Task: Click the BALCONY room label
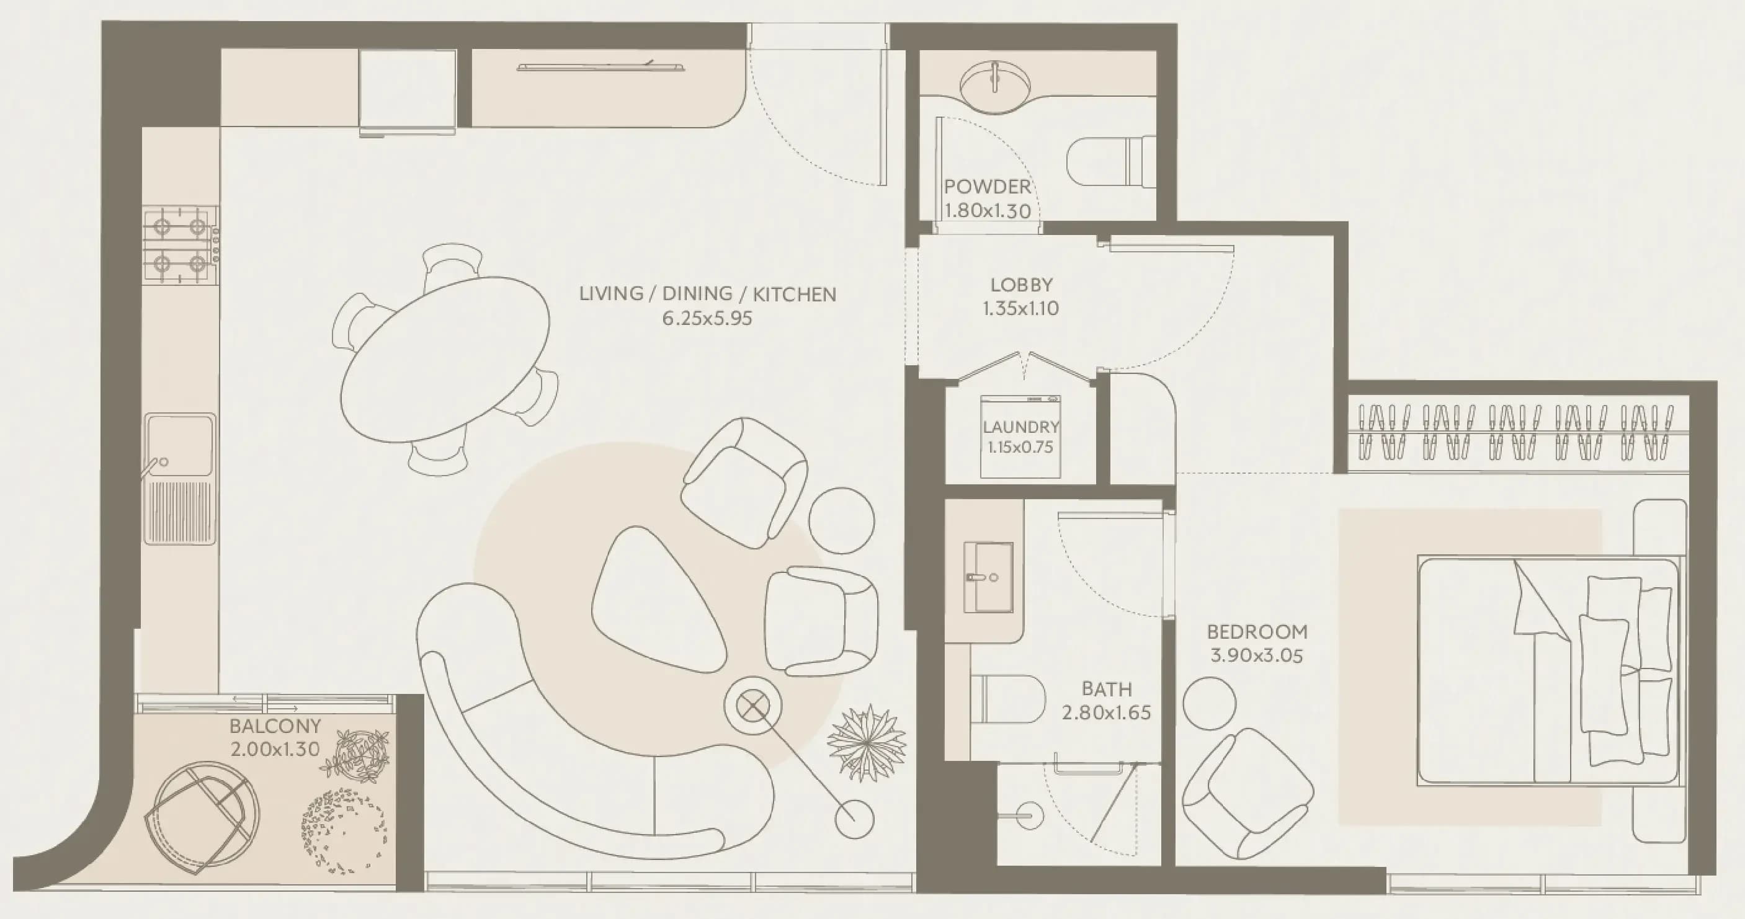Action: (x=275, y=726)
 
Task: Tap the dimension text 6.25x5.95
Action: (x=707, y=318)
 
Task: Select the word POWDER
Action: (x=988, y=186)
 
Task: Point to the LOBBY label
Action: (x=1022, y=285)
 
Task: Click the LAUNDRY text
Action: (x=1021, y=427)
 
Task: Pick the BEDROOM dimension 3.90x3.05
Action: (x=1257, y=655)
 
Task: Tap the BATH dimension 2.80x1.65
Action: (x=1106, y=713)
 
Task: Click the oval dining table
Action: (x=444, y=360)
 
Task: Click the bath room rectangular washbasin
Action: (x=989, y=577)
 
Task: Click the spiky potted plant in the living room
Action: (x=867, y=743)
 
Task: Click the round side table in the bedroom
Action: (x=1209, y=704)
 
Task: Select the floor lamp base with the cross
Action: (x=752, y=707)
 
